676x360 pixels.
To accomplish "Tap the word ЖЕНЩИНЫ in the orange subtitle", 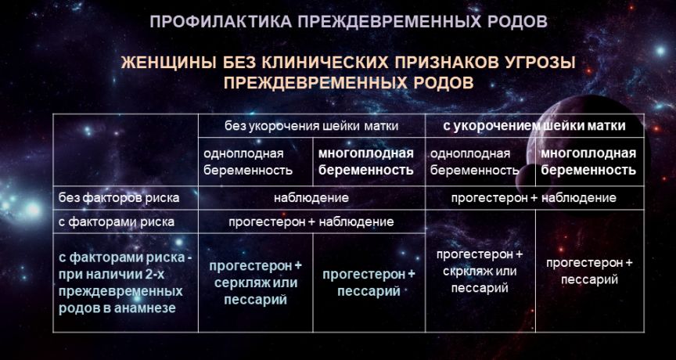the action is (170, 63).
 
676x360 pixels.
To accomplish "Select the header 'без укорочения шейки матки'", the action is (311, 126).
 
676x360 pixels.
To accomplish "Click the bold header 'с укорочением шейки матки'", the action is (534, 126).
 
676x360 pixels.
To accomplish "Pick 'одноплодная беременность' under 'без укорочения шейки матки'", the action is (248, 162).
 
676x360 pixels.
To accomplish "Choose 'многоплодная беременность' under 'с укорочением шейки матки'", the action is (588, 162).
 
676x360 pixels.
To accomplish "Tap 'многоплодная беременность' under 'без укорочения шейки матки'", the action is (366, 162).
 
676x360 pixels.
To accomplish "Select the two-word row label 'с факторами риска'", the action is (117, 221).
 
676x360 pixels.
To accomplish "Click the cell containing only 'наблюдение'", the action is (311, 198).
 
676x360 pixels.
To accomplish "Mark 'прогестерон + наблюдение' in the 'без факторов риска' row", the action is (534, 198).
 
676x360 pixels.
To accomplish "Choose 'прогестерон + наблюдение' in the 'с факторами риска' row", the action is (311, 221).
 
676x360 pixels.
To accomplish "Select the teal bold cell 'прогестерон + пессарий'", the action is (369, 283).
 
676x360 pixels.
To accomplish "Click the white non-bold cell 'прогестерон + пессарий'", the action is (589, 272).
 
